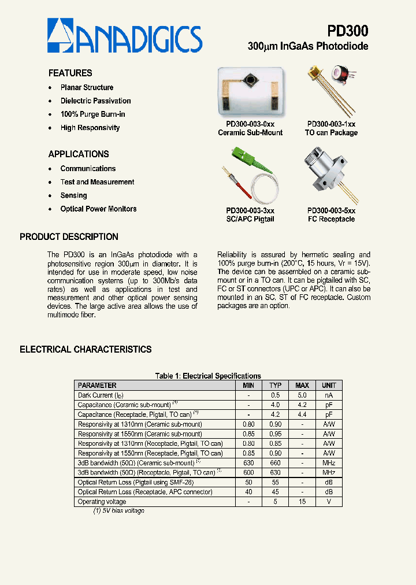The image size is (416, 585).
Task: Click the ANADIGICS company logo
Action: tap(125, 36)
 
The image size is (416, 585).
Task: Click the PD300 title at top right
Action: tap(347, 30)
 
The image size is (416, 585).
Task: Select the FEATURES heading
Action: tap(70, 73)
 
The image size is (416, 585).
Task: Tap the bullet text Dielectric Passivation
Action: tap(95, 101)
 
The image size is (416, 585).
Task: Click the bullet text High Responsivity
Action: tap(90, 128)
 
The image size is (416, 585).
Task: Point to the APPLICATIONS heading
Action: tap(79, 154)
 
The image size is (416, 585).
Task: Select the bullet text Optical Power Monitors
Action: tap(98, 209)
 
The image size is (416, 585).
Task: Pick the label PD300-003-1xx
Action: tap(331, 124)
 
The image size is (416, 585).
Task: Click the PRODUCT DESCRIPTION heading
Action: tap(69, 237)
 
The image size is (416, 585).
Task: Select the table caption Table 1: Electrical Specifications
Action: tap(208, 376)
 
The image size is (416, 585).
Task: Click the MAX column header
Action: tap(302, 386)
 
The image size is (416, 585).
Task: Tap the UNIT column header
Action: tap(329, 386)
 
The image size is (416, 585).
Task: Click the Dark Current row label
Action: tap(101, 395)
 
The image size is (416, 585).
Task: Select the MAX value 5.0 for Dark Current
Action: tap(302, 395)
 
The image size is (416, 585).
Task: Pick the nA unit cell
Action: tap(329, 395)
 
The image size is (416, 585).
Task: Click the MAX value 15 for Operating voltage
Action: tap(302, 502)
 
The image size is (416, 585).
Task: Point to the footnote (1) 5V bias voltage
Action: tap(118, 511)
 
